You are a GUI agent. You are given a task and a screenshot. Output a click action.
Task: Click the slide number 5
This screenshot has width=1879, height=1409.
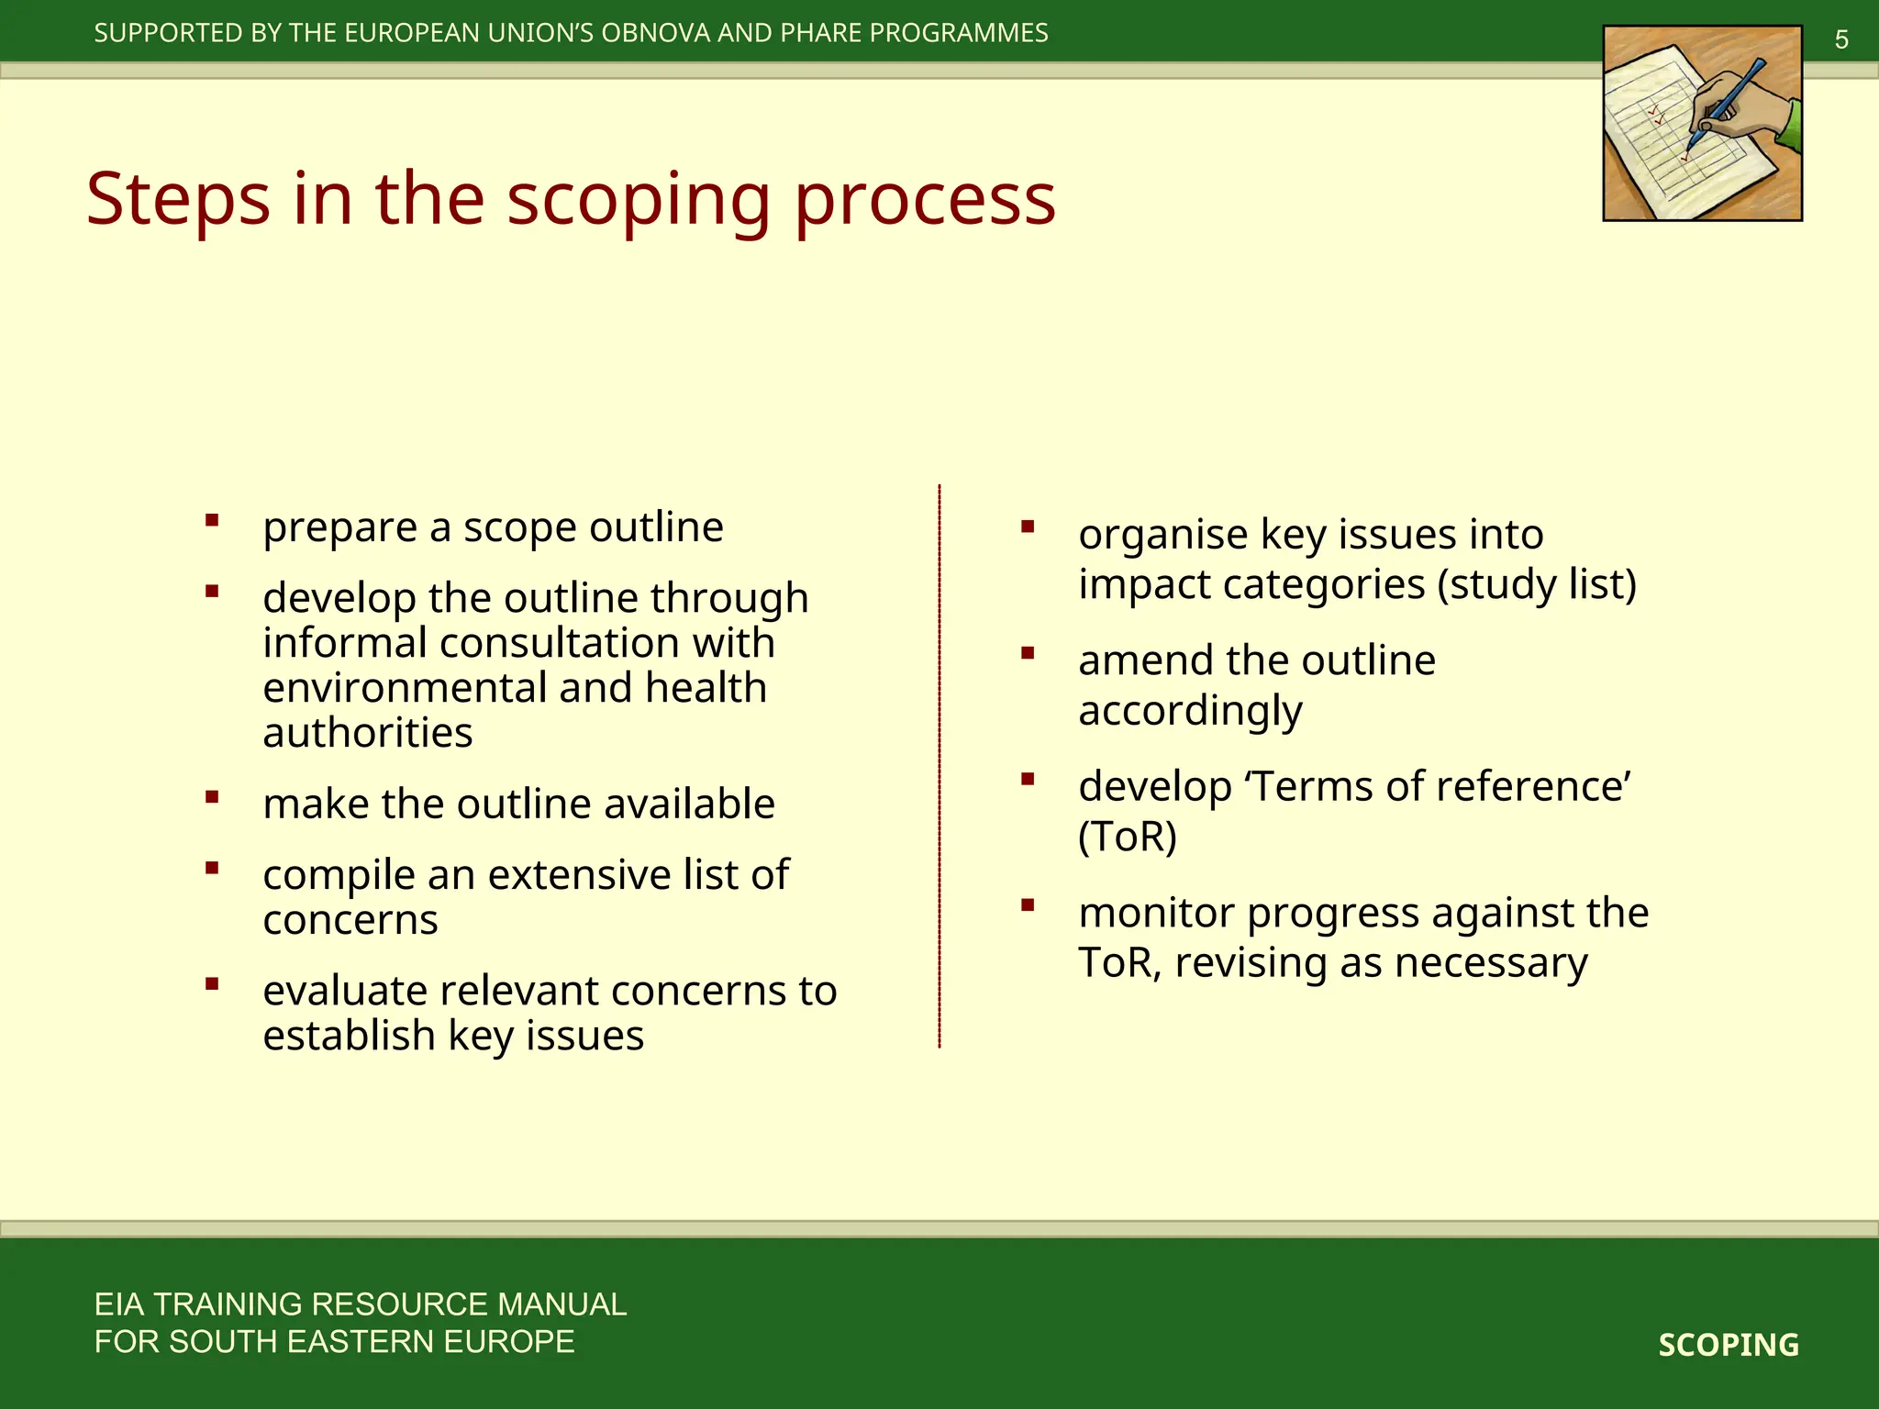click(1840, 40)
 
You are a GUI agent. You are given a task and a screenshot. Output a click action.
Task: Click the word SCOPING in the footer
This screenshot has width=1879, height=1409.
click(1728, 1345)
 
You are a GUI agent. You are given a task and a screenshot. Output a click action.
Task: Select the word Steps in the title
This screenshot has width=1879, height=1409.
click(178, 199)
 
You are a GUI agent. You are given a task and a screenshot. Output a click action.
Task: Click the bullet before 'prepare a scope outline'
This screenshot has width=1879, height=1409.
click(212, 521)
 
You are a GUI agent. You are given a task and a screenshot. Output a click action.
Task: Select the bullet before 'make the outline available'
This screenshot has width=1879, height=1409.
click(212, 797)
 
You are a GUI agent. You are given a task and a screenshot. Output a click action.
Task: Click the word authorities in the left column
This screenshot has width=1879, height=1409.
click(367, 733)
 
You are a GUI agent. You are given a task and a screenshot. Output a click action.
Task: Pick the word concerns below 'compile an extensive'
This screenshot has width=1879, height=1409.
click(350, 920)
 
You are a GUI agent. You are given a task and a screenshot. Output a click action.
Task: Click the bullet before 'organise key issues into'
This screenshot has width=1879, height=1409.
click(1028, 527)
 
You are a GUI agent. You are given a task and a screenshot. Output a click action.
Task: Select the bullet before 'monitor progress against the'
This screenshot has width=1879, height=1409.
click(1028, 906)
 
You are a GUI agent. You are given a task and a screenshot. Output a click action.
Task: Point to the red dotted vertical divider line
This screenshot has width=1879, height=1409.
click(939, 766)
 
